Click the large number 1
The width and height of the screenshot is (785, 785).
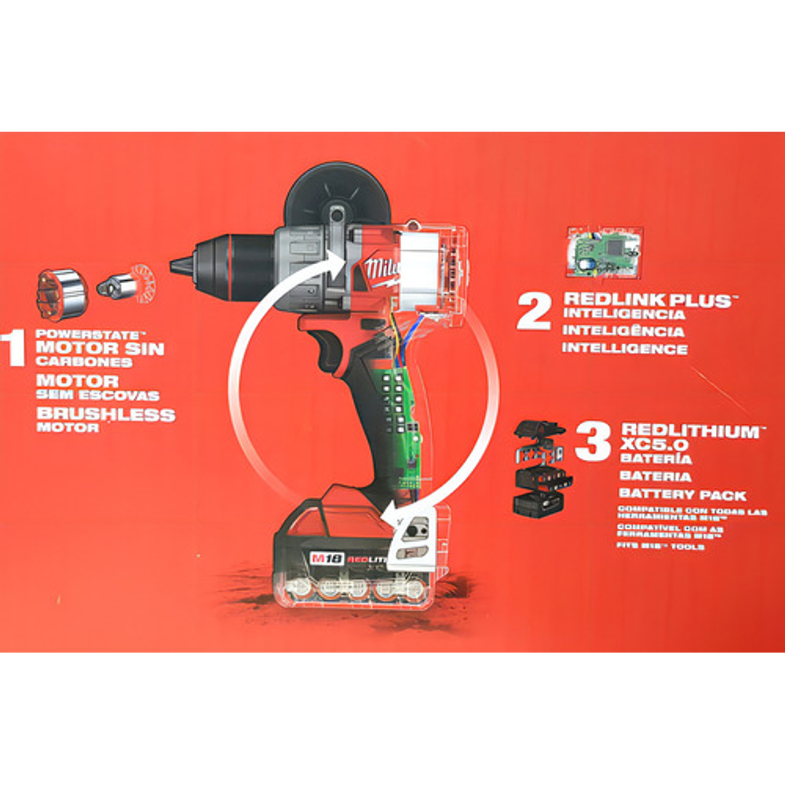15,347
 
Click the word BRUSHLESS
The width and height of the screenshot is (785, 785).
105,415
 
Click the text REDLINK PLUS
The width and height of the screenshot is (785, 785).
647,300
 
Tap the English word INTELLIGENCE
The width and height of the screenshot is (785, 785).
624,348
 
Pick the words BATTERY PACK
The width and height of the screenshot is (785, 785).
682,495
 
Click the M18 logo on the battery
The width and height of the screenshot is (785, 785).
321,559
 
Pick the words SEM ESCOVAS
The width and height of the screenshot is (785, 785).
97,395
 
